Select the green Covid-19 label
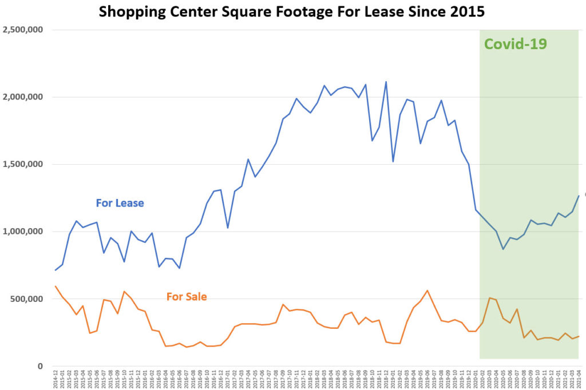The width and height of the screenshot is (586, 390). (516, 44)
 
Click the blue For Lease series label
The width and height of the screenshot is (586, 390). (120, 203)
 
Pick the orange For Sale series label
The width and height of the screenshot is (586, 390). (187, 297)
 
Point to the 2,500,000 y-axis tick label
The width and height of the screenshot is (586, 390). (23, 30)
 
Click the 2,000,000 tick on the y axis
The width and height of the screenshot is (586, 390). (23, 97)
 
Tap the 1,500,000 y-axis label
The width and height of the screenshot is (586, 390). (23, 165)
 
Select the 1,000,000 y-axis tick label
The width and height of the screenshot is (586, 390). (23, 232)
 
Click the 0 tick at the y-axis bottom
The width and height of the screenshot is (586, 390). (40, 366)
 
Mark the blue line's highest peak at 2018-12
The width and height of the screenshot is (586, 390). (386, 82)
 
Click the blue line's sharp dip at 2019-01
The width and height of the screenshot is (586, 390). (393, 161)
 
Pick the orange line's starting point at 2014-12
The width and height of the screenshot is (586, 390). (56, 286)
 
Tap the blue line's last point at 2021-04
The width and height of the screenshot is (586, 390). (579, 196)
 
